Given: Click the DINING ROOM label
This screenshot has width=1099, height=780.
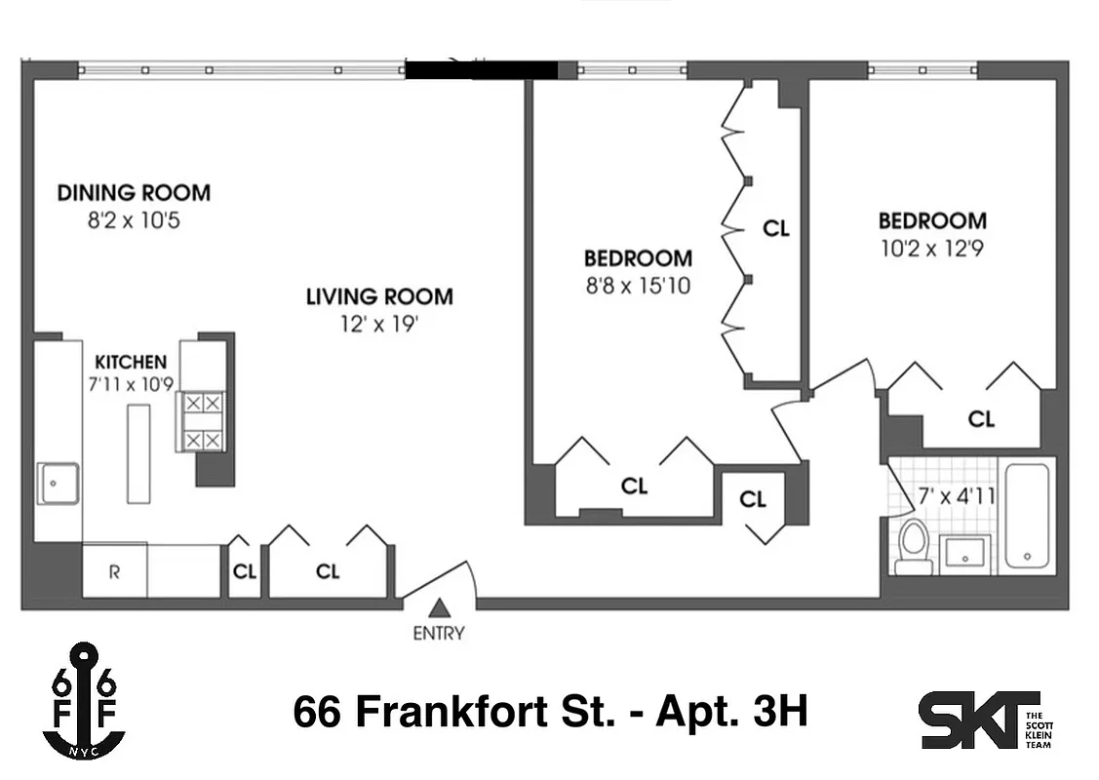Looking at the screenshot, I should pos(134,192).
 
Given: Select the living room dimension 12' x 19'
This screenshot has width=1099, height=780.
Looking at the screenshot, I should pos(378,323).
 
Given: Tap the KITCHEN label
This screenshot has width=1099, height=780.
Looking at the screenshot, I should pos(131,362).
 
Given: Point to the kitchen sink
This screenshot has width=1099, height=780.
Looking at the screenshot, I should pos(58,483).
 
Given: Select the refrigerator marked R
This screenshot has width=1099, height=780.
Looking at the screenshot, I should pos(114,571).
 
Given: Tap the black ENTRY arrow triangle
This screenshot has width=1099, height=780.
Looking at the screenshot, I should pos(440,607).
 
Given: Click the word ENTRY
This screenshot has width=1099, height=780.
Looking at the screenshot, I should pos(439,634).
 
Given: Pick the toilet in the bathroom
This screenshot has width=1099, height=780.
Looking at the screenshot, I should pos(913,545).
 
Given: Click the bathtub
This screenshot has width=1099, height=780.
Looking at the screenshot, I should pos(1027,515).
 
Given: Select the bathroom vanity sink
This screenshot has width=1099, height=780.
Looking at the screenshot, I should pos(964,554).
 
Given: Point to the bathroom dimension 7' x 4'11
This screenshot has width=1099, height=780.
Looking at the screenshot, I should pos(958,496).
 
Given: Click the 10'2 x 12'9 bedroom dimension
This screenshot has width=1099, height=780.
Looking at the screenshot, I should pos(931,248).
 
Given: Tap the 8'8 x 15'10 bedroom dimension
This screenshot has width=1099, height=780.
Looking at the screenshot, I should pos(638,287).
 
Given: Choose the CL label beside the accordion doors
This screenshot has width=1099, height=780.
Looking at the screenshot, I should pos(775,229).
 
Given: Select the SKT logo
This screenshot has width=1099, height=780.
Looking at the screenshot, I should pos(981,720).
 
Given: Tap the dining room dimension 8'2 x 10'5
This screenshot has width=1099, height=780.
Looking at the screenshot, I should pos(134,220).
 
